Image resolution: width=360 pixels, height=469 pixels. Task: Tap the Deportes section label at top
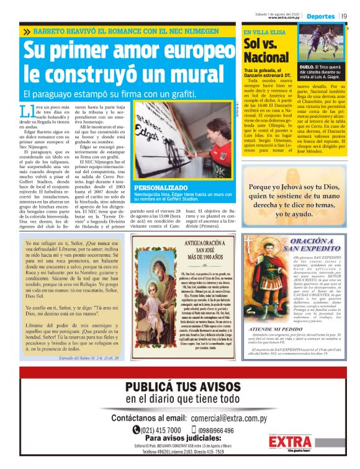coord(320,16)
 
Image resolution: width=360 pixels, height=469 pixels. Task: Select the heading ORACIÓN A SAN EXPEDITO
coord(300,244)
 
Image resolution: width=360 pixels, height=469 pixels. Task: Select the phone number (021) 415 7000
coord(160,431)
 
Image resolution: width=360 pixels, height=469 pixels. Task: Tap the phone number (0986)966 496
coord(211,431)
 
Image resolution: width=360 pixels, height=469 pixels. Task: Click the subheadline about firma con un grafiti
coord(109,94)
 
